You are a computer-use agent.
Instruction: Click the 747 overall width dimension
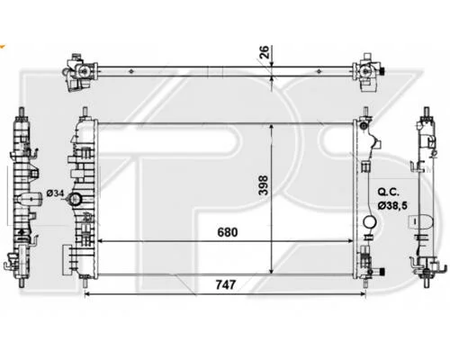pos(226,284)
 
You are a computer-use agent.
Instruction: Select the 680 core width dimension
pos(228,232)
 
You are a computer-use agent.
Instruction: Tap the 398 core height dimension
pos(263,185)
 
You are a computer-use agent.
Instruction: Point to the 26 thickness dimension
pos(264,52)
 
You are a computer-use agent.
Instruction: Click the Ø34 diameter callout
pos(55,193)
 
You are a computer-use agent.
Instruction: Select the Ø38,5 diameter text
pos(392,205)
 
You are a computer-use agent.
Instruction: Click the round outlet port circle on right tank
pos(370,222)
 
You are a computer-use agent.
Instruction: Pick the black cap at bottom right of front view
pos(382,272)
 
